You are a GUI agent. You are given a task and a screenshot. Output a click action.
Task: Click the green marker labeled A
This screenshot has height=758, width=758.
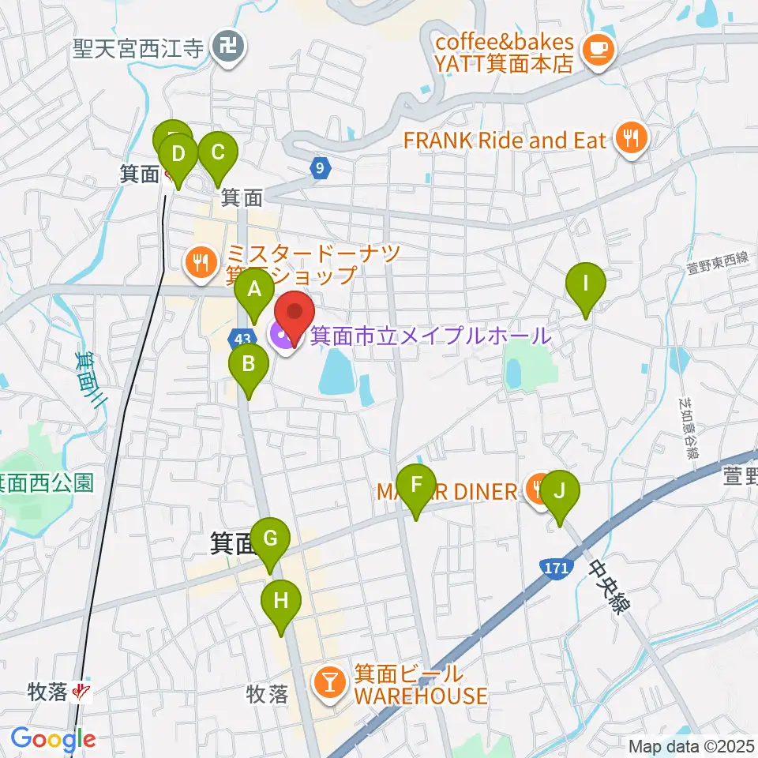253,290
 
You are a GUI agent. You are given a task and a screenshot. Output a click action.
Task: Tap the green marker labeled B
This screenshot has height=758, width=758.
247,365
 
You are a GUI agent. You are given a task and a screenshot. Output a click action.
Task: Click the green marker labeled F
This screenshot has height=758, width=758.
417,484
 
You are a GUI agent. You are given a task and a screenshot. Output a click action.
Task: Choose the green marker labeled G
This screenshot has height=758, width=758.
270,539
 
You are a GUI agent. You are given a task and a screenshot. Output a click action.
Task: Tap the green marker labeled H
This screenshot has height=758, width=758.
281,599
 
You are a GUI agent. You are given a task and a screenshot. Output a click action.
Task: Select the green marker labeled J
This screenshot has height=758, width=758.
560,491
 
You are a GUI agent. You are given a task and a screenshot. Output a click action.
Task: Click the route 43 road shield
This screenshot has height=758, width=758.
242,337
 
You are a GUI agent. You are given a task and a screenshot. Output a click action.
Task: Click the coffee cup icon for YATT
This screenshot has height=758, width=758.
595,49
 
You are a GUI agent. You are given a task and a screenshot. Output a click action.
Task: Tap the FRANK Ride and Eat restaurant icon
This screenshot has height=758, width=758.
630,141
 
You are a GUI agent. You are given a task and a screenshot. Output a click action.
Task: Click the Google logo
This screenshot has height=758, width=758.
53,739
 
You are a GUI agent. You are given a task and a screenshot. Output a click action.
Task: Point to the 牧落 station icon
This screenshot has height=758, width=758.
81,692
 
